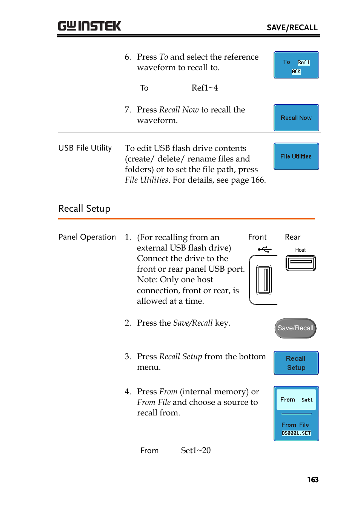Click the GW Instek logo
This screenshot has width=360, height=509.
[89, 26]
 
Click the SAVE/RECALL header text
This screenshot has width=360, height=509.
[292, 28]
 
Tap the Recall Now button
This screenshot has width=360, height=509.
[296, 118]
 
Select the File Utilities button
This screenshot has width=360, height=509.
[296, 156]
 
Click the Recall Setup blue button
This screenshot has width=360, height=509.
[296, 363]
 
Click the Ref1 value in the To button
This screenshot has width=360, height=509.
[303, 63]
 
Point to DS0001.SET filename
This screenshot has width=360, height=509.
[296, 433]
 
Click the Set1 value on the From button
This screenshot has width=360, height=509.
[307, 400]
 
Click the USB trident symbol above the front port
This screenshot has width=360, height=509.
[265, 249]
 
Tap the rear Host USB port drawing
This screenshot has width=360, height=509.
[300, 263]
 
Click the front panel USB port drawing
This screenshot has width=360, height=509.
[264, 280]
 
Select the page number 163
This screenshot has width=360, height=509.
[312, 480]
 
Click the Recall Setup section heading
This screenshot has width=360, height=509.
[84, 209]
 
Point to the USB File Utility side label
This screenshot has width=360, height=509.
[85, 148]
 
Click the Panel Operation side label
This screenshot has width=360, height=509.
[87, 237]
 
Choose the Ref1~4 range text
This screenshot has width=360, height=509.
[205, 88]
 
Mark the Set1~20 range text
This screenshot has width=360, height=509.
[195, 451]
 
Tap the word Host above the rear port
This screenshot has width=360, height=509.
[300, 250]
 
